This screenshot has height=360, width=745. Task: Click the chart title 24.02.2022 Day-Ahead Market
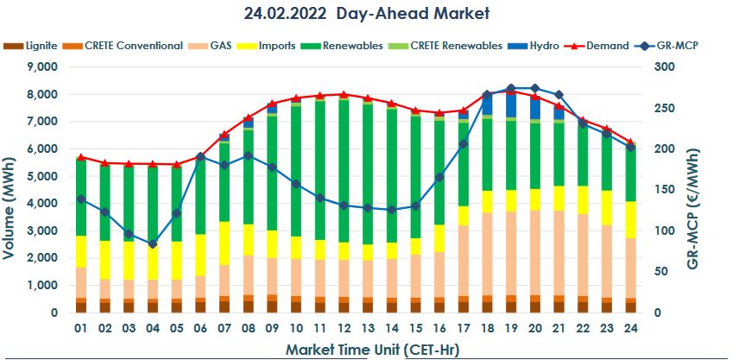click(368, 13)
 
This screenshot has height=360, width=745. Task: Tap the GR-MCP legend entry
click(676, 45)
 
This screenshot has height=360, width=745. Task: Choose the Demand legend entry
click(607, 45)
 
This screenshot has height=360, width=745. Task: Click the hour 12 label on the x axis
click(344, 329)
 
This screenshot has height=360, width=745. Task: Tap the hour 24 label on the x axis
click(630, 329)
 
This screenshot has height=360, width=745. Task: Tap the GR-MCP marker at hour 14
click(392, 209)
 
